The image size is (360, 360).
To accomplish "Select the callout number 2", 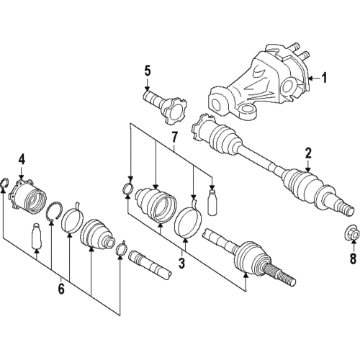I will [307, 152].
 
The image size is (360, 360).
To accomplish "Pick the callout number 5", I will [147, 71].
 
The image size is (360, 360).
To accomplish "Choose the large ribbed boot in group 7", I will [156, 206].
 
